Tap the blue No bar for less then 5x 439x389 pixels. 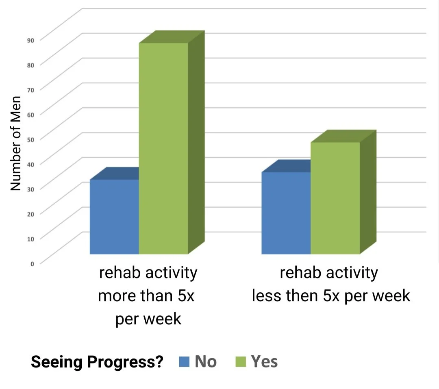[x=286, y=213]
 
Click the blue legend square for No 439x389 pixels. [x=184, y=361]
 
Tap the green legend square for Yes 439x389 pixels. [x=241, y=361]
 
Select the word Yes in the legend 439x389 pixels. [x=264, y=361]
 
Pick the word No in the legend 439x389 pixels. [x=206, y=361]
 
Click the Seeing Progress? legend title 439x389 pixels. [x=97, y=362]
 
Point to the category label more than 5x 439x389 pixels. [x=148, y=296]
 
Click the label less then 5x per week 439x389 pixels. [x=331, y=285]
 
